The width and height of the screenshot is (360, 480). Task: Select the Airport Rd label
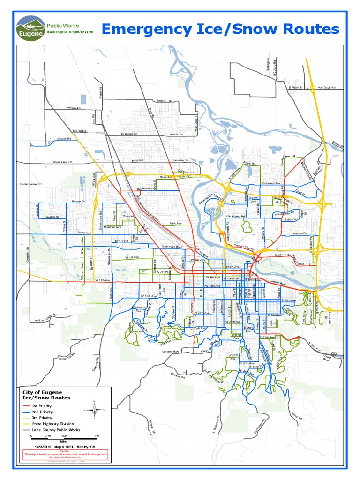63,139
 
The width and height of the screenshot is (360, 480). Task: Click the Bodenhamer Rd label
31,184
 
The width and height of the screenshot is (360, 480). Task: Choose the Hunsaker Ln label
180,160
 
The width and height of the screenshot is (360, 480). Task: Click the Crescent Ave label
271,183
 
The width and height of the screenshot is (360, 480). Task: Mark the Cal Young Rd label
235,216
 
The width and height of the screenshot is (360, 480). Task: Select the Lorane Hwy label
171,351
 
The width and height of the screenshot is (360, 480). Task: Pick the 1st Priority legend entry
42,406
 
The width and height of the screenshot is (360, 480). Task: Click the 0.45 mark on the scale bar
48,435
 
